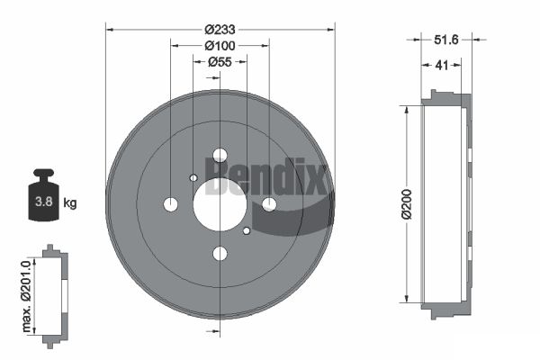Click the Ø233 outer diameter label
(x=220, y=30)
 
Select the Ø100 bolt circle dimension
(x=220, y=46)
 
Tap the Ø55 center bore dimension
(x=220, y=62)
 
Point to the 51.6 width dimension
(x=446, y=40)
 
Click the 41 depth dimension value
(x=442, y=65)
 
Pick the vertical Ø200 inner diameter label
(x=407, y=204)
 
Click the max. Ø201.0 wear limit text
(x=26, y=297)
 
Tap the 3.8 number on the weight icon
(x=44, y=202)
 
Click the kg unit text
(x=70, y=202)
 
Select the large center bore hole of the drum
(x=220, y=204)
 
